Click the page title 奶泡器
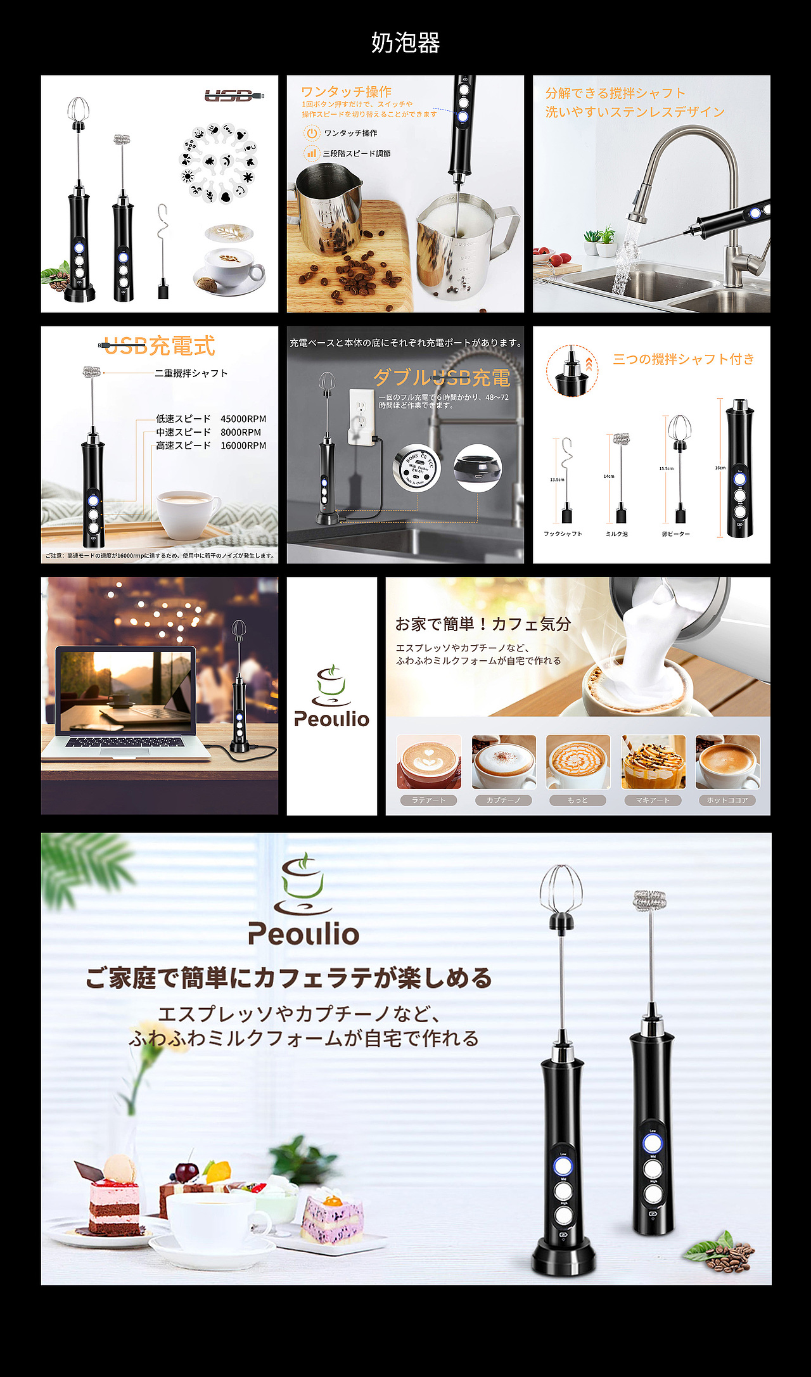point(405,43)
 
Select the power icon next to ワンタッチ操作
point(311,133)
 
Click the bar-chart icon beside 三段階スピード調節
point(311,153)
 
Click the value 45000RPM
point(243,419)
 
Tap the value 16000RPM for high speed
point(243,445)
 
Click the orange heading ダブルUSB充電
point(442,378)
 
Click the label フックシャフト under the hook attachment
point(563,534)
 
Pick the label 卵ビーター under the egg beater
point(676,534)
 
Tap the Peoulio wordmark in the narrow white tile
point(331,719)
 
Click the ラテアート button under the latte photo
point(429,800)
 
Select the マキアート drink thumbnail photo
point(653,762)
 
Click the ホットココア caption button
point(727,800)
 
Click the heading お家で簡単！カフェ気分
point(483,624)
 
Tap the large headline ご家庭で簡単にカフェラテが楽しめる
point(289,978)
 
